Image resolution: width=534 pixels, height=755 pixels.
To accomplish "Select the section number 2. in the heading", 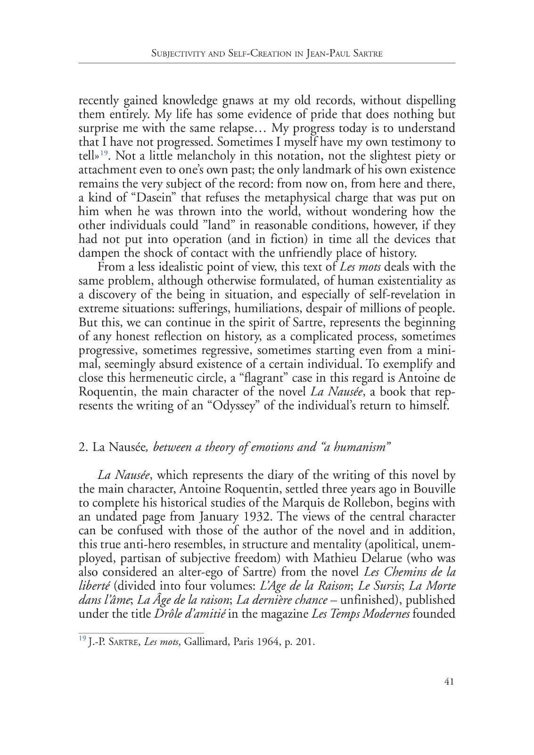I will [x=83, y=447].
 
